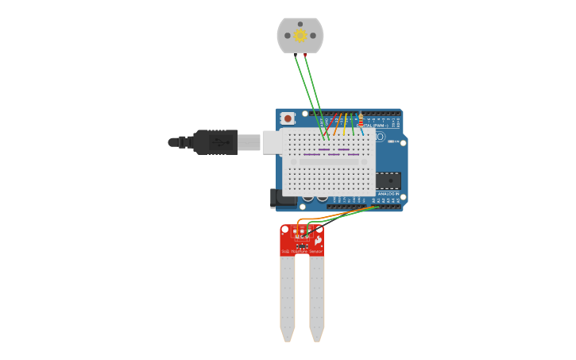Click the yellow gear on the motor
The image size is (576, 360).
click(x=300, y=35)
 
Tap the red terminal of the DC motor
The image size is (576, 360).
click(x=306, y=54)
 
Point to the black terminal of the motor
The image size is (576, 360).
click(x=296, y=54)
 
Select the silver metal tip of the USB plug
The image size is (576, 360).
click(x=249, y=142)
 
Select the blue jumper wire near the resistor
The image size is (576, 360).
click(x=361, y=132)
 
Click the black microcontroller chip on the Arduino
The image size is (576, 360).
click(x=389, y=181)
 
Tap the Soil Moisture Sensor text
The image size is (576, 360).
click(x=301, y=251)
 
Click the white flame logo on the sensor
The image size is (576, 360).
click(x=318, y=240)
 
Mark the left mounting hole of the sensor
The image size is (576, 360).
click(x=284, y=230)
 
